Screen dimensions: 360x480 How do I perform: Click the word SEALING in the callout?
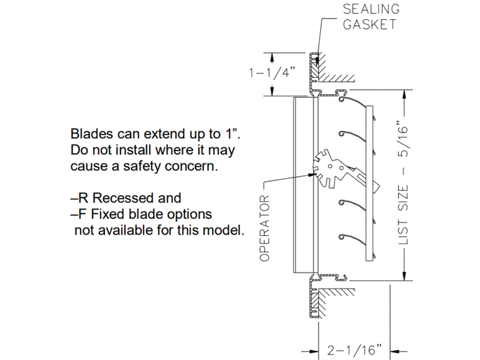(371, 10)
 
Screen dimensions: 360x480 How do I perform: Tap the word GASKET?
(370, 25)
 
